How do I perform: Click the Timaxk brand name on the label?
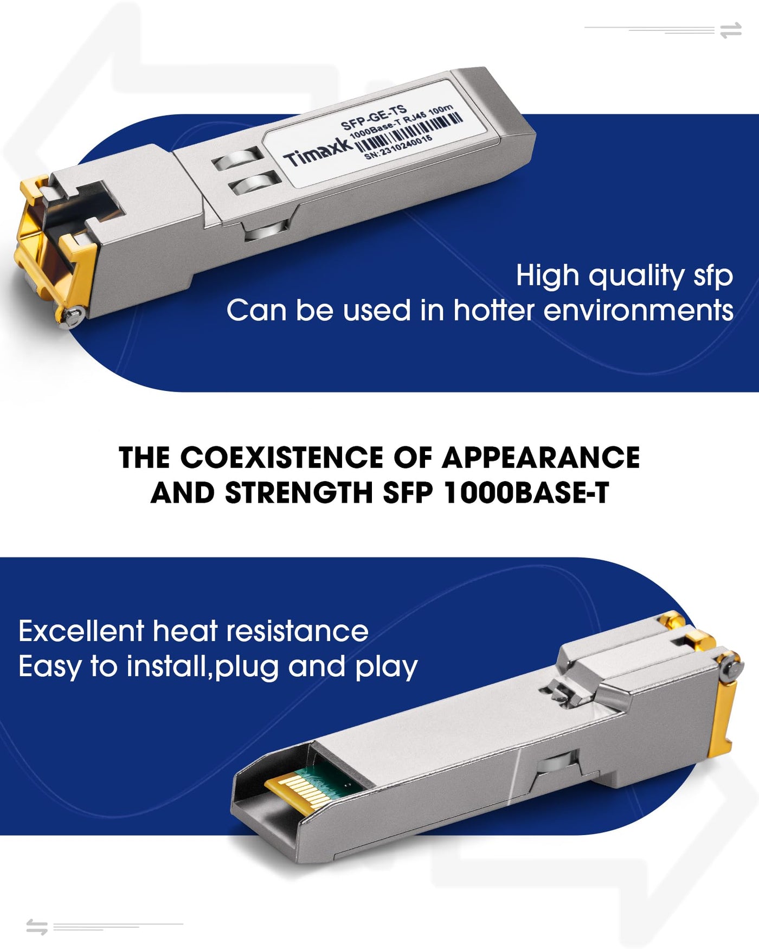point(318,151)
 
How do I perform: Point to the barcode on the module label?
point(409,132)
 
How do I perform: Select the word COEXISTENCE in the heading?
point(282,458)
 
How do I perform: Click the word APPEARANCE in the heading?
point(541,458)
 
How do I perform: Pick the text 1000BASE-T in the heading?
point(526,493)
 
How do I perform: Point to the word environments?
point(638,311)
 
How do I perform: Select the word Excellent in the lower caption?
point(81,631)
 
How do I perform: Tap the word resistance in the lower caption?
point(297,631)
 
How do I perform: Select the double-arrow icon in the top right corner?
point(731,30)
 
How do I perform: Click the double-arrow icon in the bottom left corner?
point(37,927)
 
